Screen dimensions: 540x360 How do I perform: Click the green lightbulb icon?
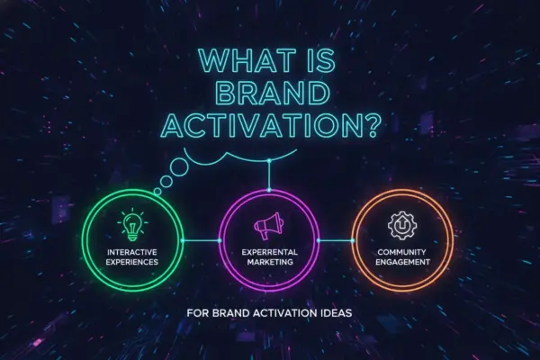click(x=132, y=224)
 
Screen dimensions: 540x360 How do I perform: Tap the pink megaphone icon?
click(x=269, y=225)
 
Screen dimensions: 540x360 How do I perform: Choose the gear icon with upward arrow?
click(x=402, y=226)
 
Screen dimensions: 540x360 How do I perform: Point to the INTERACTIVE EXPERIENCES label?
click(x=132, y=257)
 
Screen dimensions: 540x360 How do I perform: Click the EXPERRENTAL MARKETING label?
click(x=270, y=257)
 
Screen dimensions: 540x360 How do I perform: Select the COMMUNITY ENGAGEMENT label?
click(x=402, y=257)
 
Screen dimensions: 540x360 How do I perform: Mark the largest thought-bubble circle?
click(x=179, y=166)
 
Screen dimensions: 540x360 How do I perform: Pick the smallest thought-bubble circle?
click(x=157, y=192)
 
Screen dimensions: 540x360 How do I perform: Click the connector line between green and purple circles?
click(x=201, y=240)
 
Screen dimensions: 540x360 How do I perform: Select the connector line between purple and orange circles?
click(x=336, y=240)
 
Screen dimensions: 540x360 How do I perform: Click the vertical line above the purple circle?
click(x=269, y=175)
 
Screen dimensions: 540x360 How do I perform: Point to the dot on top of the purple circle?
click(x=269, y=190)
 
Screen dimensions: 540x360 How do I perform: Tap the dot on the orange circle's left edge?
click(x=354, y=240)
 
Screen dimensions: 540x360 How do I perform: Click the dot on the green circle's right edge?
click(x=183, y=240)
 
